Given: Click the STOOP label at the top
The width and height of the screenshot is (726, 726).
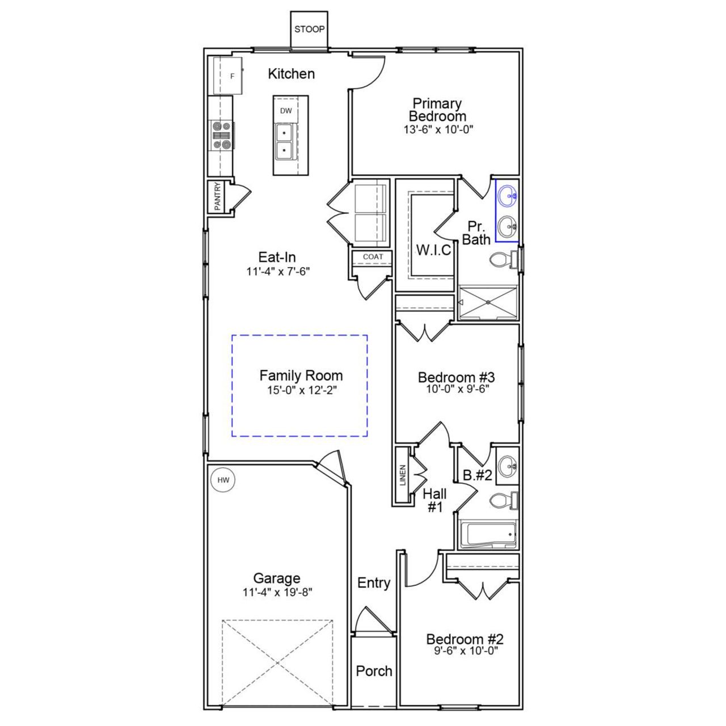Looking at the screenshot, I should point(309,29).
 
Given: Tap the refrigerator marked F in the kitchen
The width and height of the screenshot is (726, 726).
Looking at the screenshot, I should point(229,75).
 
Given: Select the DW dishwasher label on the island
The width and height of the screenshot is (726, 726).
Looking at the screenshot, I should point(286,111).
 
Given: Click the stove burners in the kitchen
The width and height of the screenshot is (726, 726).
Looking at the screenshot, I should point(222,136).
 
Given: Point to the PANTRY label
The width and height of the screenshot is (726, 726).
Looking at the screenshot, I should point(217,196).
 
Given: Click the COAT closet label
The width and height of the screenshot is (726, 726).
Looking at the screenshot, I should point(373,257).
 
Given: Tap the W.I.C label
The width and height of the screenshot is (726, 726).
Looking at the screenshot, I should point(433,250).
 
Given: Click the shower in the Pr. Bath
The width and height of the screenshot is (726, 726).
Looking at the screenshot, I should point(488,303).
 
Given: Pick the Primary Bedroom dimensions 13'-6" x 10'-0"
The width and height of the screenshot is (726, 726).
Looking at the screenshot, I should point(437,129).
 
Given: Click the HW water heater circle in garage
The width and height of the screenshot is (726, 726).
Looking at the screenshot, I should point(223,480).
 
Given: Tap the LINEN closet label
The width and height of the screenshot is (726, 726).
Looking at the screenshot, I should point(403,475).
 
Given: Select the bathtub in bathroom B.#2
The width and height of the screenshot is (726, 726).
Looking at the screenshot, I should point(488,535).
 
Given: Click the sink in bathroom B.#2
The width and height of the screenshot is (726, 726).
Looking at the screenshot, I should point(506,467).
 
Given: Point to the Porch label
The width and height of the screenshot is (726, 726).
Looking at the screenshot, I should point(374,671).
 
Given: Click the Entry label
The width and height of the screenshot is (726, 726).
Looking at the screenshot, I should point(374,583).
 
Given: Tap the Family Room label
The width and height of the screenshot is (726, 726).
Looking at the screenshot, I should point(301,375).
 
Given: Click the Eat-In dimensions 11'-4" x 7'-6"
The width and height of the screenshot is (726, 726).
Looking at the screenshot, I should point(277,271).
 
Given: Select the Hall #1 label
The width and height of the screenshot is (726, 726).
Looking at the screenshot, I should point(434,500).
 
